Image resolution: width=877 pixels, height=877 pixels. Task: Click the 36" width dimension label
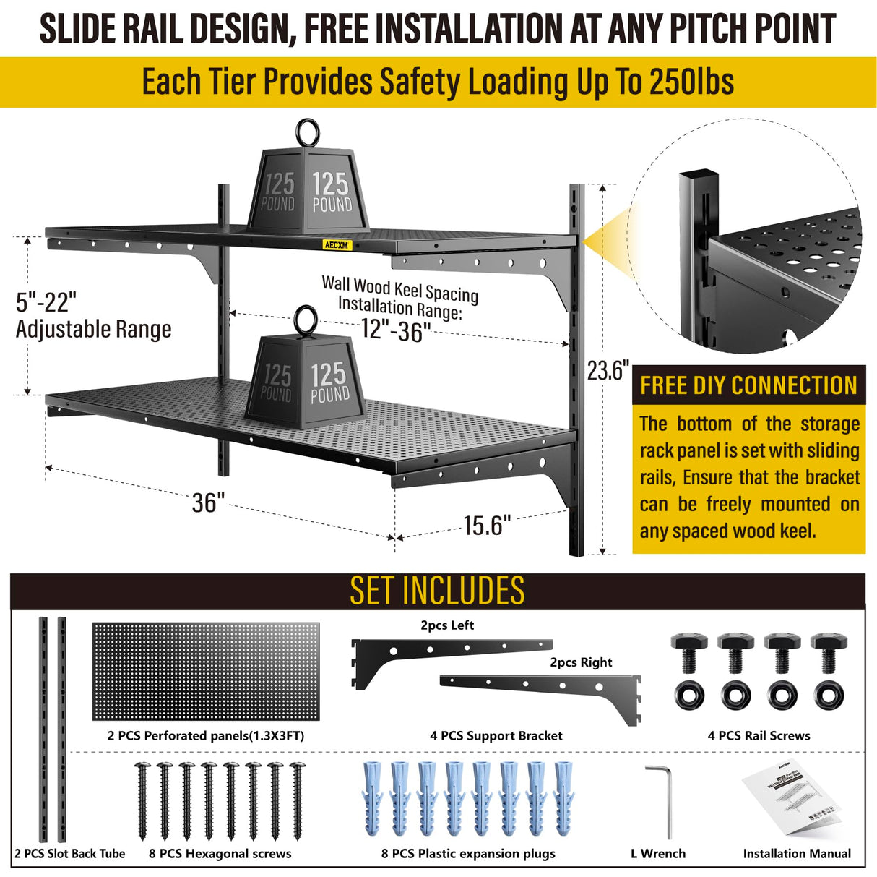click(x=208, y=502)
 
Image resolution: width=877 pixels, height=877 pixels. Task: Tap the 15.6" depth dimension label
click(x=487, y=526)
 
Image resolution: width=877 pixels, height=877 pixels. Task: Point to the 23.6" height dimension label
click(x=608, y=370)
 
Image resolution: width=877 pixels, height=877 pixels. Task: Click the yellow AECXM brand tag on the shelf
click(x=336, y=244)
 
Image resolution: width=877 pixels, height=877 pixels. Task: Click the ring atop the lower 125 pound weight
click(x=304, y=320)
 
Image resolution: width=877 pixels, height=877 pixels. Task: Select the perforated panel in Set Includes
click(x=205, y=672)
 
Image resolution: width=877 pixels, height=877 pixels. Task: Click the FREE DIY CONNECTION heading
click(x=748, y=385)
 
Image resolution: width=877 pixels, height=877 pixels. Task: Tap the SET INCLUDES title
click(x=437, y=591)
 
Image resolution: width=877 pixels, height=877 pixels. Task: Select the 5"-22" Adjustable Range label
click(x=93, y=315)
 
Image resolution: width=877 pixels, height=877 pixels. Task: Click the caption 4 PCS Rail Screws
click(x=759, y=735)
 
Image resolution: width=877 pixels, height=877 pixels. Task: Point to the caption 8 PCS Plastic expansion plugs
click(x=468, y=854)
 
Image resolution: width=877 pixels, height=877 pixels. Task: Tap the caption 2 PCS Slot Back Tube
click(x=70, y=854)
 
